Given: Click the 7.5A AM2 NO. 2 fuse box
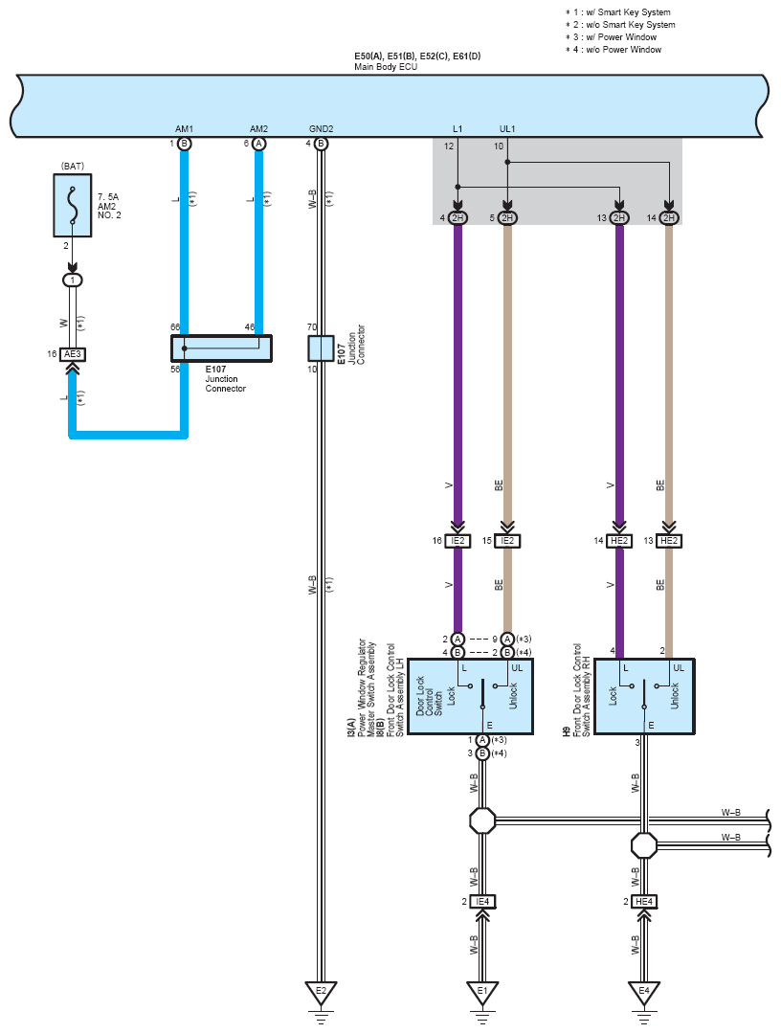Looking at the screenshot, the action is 73,205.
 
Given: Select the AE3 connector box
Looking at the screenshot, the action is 73,354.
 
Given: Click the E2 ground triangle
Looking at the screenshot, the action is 321,992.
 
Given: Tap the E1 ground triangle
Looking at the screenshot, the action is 482,992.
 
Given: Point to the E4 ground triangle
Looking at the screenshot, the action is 644,992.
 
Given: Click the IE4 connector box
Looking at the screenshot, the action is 482,901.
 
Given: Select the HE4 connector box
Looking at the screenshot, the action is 644,901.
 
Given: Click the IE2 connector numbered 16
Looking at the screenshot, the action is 457,541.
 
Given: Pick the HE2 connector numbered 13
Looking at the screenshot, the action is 669,541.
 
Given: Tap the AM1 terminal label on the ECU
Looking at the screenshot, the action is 185,129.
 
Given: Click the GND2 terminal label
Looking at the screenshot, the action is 322,129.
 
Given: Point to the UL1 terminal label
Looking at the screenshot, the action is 507,129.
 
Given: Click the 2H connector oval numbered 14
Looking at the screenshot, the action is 669,218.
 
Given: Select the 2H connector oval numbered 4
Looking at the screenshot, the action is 457,218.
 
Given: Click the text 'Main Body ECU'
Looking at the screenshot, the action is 386,67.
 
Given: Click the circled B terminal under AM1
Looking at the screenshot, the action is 185,144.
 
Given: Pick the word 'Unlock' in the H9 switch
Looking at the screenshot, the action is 675,696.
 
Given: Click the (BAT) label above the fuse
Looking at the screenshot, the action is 73,166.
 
